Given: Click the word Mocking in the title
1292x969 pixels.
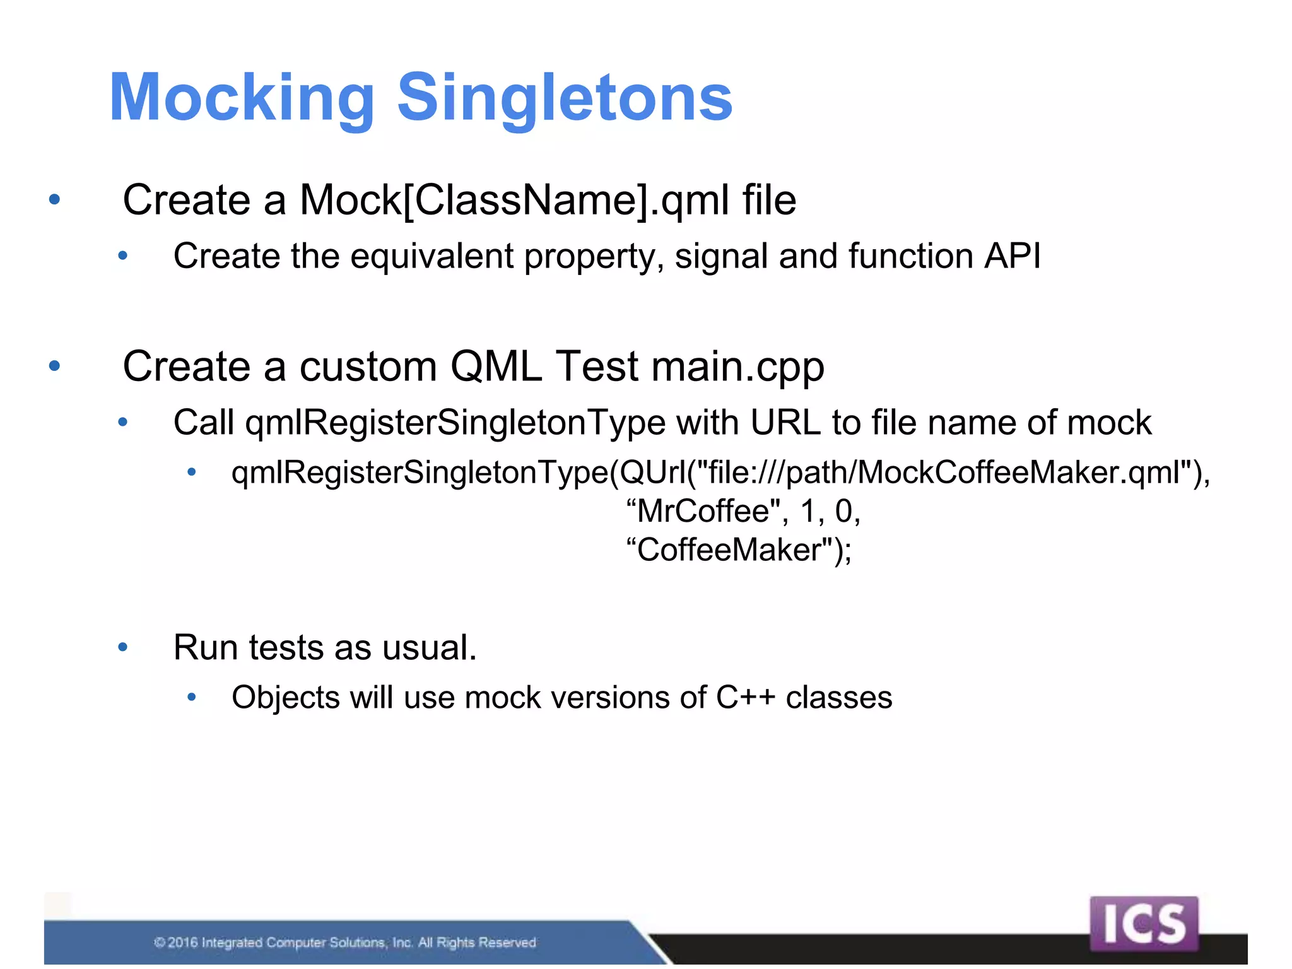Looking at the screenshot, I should [242, 98].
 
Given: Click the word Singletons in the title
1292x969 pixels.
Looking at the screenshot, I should [565, 98].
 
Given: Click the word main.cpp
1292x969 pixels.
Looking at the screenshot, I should [737, 367].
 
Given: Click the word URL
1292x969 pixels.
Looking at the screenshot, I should [785, 423].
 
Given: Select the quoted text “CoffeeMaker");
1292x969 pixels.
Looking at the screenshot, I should [738, 549].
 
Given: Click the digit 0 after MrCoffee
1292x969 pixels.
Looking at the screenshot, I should [844, 511].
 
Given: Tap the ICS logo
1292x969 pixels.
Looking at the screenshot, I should [1143, 924].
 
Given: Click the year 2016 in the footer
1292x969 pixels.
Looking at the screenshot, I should [183, 943].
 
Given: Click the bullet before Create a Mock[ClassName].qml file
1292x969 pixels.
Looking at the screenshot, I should [55, 200].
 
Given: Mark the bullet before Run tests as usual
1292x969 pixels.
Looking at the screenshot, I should [123, 647].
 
